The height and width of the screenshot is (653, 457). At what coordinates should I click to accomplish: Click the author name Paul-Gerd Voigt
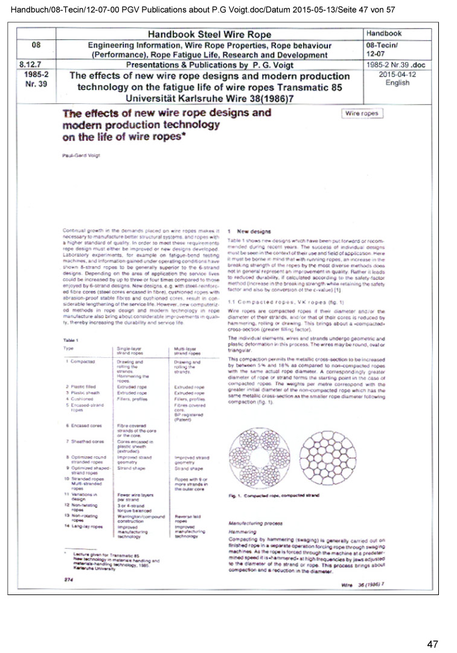(x=80, y=156)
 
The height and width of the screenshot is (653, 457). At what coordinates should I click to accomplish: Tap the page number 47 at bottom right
(x=432, y=644)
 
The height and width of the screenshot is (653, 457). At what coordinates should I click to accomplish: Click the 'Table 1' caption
(x=71, y=340)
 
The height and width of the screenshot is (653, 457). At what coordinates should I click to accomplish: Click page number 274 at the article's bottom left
(x=69, y=579)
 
